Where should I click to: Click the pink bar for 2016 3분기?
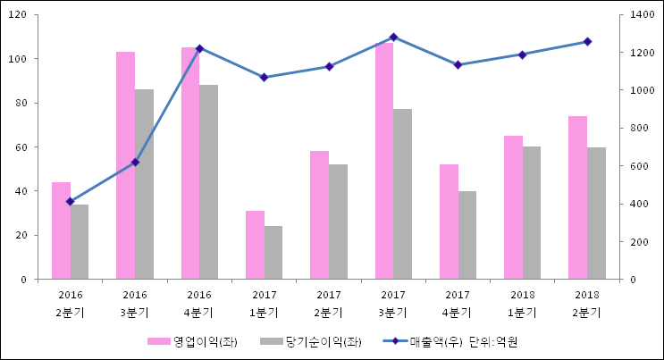click(125, 165)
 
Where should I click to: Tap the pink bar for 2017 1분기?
click(255, 245)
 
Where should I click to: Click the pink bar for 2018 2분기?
click(577, 197)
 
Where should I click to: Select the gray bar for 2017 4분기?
click(466, 235)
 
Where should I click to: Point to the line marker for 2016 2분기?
click(70, 202)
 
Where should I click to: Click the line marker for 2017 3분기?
click(393, 37)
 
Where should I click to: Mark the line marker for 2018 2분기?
click(587, 41)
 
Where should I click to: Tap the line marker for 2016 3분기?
click(135, 162)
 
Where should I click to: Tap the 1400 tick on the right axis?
click(643, 15)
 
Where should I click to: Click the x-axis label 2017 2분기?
click(328, 304)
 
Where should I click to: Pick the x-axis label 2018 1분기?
click(522, 304)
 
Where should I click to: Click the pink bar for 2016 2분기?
click(61, 230)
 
